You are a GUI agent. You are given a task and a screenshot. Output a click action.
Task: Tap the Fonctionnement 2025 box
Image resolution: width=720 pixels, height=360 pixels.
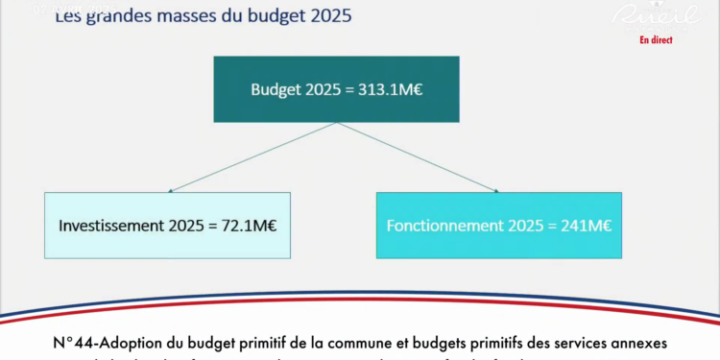(498, 225)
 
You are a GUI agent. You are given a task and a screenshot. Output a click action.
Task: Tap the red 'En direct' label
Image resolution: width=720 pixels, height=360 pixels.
(656, 39)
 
